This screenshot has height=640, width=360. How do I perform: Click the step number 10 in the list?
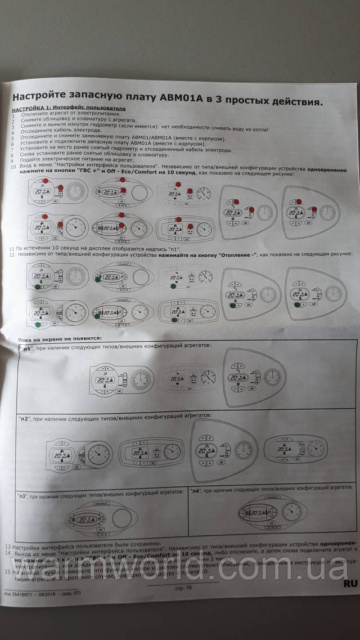click(13, 167)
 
